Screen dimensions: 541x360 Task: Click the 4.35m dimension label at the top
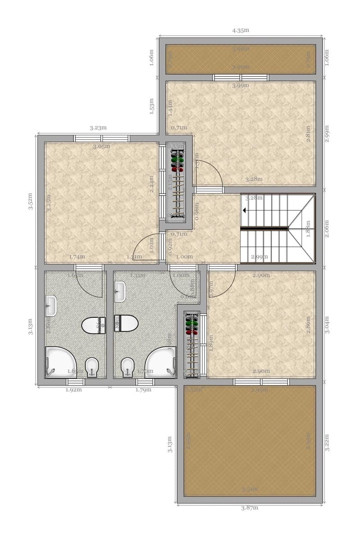241,31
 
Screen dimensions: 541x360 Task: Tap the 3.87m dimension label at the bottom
249,508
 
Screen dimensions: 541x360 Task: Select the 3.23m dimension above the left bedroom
98,128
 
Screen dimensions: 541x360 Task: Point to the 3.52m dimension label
30,202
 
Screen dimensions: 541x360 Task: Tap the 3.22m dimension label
328,443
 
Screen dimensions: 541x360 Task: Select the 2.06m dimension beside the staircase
328,228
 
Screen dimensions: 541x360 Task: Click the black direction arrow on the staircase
244,210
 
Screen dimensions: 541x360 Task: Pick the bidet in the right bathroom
128,367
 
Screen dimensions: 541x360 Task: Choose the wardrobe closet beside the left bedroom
177,183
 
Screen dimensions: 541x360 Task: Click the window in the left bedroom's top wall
101,138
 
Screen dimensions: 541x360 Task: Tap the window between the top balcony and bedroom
241,77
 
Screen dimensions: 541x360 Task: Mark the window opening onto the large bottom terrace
261,382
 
